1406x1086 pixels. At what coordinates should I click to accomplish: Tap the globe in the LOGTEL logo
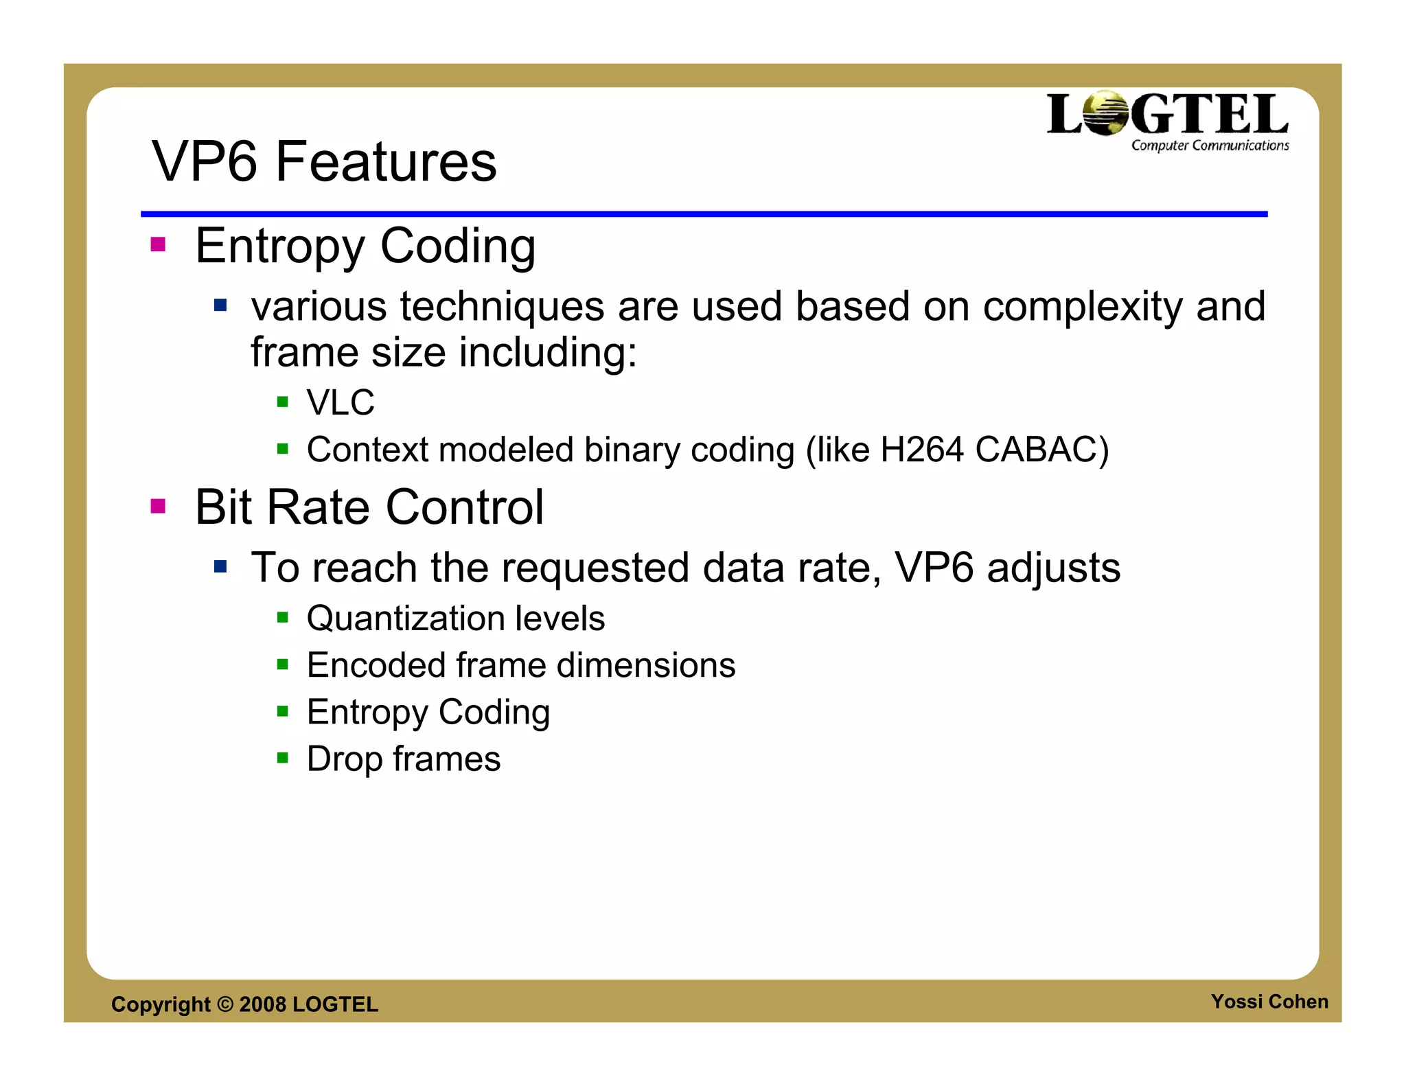1105,113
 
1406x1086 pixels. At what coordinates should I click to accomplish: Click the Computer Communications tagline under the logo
1210,146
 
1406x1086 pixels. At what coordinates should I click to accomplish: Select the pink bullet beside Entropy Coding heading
159,245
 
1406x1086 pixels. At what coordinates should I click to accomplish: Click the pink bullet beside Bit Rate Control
159,507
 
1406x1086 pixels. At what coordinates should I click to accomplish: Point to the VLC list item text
341,402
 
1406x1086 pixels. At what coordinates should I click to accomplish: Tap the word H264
922,450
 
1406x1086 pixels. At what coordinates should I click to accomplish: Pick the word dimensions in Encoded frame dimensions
646,665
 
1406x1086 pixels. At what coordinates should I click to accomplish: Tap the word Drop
344,760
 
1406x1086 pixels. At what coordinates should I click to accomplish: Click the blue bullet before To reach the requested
220,567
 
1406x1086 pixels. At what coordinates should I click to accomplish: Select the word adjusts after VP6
1053,568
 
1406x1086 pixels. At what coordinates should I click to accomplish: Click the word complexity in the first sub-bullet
1083,306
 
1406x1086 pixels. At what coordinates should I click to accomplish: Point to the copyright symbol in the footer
225,1004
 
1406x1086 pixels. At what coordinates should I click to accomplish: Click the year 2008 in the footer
262,1004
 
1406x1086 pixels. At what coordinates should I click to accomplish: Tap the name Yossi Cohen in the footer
1269,1002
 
